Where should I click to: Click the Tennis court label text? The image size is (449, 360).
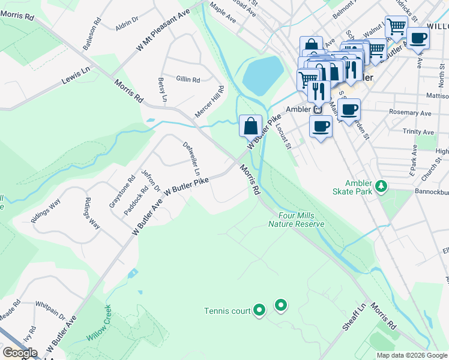pyautogui.click(x=227, y=311)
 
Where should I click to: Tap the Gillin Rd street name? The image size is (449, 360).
pyautogui.click(x=188, y=79)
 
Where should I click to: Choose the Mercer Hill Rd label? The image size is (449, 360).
pyautogui.click(x=209, y=101)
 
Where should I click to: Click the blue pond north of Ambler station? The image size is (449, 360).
pyautogui.click(x=262, y=74)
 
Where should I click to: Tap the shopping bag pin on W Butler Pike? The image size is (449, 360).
pyautogui.click(x=251, y=126)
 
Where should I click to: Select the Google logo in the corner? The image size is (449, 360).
pyautogui.click(x=20, y=353)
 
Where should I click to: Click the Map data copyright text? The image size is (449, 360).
pyautogui.click(x=412, y=355)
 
